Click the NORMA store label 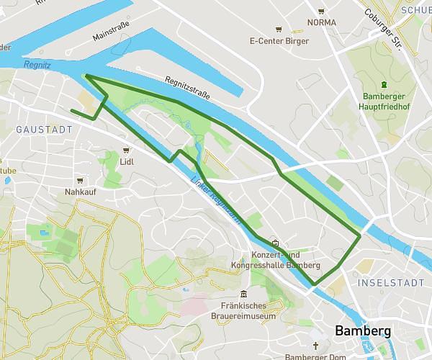tap(321, 22)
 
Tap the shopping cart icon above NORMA tap(321, 12)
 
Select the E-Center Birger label tap(279, 40)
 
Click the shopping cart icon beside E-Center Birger tap(279, 30)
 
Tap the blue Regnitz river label tap(36, 64)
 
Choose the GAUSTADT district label tap(43, 130)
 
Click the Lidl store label tap(127, 161)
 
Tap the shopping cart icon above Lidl tap(127, 150)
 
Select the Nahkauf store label tap(80, 192)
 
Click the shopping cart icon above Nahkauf tap(80, 181)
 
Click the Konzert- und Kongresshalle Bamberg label tap(274, 259)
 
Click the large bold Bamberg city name tap(363, 330)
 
